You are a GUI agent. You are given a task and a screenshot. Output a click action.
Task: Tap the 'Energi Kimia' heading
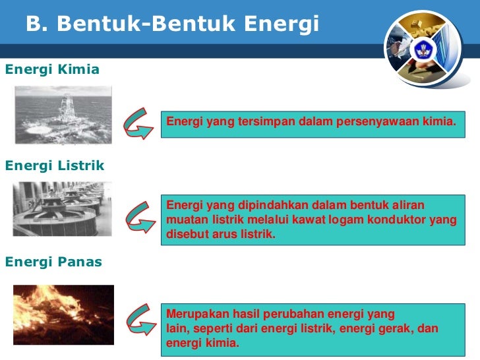pyautogui.click(x=52, y=69)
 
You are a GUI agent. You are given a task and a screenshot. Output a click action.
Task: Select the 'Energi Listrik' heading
pyautogui.click(x=55, y=165)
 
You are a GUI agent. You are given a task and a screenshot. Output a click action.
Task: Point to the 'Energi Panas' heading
pyautogui.click(x=53, y=262)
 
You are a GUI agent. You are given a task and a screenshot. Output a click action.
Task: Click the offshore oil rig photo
pyautogui.click(x=64, y=116)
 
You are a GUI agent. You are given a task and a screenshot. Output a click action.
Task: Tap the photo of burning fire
pyautogui.click(x=63, y=315)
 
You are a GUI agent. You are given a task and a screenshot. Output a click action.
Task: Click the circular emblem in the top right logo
pyautogui.click(x=423, y=50)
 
